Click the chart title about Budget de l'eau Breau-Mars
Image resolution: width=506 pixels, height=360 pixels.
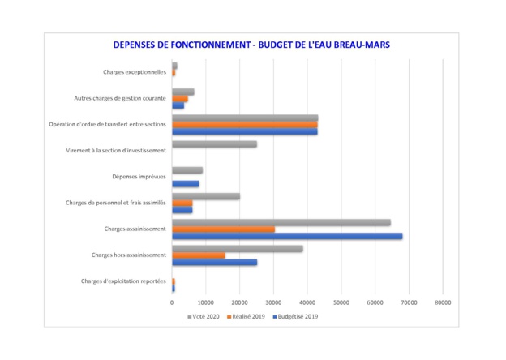[x=252, y=45]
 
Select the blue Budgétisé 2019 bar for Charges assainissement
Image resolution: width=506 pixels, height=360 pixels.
[x=287, y=237]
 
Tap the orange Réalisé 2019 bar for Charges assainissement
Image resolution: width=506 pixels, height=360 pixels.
[x=223, y=229]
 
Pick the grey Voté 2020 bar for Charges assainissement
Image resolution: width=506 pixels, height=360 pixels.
[x=281, y=222]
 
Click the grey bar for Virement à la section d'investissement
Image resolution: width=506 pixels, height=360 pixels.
[x=214, y=144]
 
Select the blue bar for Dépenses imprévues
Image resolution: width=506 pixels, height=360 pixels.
[x=185, y=184]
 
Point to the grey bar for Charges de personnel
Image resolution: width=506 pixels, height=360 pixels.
[x=206, y=196]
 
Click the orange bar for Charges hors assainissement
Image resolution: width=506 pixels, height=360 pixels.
[x=198, y=255]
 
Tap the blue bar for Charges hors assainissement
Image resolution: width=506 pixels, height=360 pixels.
[x=214, y=263]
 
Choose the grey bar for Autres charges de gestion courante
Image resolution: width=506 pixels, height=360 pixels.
[x=182, y=92]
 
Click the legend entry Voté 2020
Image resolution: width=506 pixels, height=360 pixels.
[x=206, y=316]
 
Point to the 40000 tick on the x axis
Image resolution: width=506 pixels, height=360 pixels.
[x=307, y=302]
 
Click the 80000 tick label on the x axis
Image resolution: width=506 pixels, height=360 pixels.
[x=442, y=302]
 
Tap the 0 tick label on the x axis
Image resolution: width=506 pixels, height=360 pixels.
[x=172, y=302]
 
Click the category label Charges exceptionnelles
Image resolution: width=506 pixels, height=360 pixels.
[x=135, y=72]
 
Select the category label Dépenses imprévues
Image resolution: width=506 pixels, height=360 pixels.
[x=139, y=177]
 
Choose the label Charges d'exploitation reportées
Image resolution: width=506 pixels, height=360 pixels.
[x=123, y=281]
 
